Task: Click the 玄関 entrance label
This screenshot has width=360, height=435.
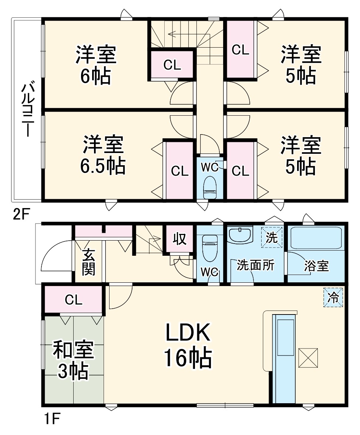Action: [88, 263]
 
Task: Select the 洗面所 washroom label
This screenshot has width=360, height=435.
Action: [256, 265]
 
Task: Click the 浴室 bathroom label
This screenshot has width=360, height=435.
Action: [317, 266]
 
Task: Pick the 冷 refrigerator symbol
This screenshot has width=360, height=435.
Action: [334, 297]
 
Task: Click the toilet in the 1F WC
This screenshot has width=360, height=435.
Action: [209, 244]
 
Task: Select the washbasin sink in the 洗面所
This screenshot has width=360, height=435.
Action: [240, 235]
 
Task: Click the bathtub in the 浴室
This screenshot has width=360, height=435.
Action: [316, 238]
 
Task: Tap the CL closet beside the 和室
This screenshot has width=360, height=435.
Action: [74, 300]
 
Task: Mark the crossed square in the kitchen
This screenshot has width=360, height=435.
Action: [308, 358]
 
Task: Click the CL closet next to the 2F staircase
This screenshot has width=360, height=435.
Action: [172, 65]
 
